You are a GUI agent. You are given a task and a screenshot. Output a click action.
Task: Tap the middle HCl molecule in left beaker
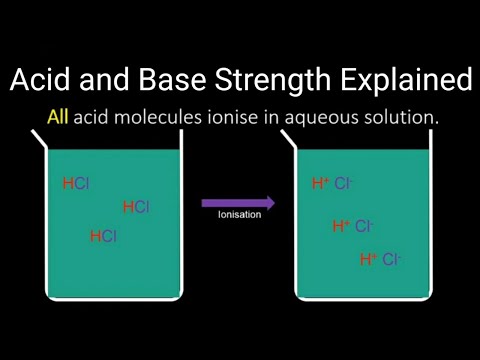pyautogui.click(x=136, y=207)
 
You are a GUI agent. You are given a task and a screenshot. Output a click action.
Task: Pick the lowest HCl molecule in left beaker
pyautogui.click(x=103, y=237)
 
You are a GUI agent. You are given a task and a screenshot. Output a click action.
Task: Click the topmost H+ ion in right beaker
pyautogui.click(x=321, y=183)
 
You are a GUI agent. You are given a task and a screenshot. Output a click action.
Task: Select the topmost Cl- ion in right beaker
pyautogui.click(x=344, y=183)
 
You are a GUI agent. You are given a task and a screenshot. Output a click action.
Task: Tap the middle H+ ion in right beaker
pyautogui.click(x=341, y=226)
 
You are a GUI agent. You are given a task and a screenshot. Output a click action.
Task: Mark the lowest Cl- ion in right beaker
pyautogui.click(x=391, y=259)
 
